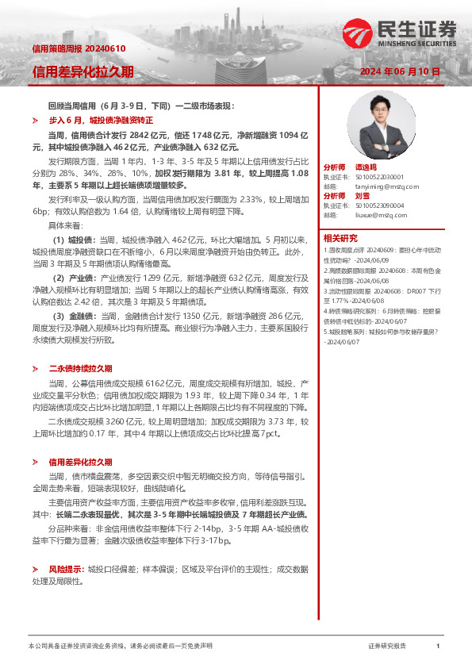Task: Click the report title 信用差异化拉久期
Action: tap(83, 71)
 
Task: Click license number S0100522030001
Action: tap(378, 177)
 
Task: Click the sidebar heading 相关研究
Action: tap(340, 237)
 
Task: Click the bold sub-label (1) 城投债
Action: tap(74, 239)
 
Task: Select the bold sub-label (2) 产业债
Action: tap(74, 278)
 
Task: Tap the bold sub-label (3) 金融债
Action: tap(74, 316)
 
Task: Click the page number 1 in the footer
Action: tap(438, 646)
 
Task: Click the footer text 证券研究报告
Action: tap(387, 646)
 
